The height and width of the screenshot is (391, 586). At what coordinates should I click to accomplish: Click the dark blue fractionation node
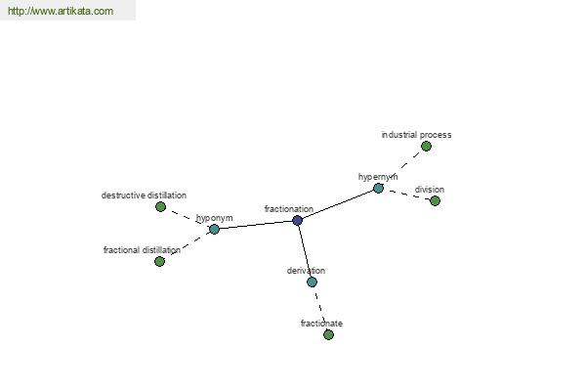click(297, 220)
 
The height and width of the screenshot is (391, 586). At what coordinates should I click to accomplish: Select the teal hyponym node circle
click(214, 229)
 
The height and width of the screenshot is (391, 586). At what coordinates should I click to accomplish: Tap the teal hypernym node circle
click(378, 189)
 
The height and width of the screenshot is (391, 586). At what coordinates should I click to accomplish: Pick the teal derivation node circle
click(313, 282)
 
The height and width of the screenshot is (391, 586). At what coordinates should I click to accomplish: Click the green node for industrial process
click(426, 147)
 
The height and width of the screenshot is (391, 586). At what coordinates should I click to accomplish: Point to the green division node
click(435, 201)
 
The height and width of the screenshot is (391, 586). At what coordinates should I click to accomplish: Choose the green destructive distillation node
click(161, 206)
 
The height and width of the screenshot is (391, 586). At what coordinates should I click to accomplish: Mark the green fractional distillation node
click(159, 261)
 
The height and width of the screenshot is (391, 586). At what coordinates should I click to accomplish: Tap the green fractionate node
click(328, 334)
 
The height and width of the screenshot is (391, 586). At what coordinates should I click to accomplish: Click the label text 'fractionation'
click(289, 209)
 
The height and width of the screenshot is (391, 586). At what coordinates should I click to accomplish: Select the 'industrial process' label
click(416, 135)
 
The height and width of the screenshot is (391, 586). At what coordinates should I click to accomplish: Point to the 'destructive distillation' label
click(144, 195)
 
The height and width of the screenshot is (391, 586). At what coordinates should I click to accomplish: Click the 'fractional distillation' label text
click(142, 250)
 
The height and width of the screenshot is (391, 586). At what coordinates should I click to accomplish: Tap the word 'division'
click(430, 190)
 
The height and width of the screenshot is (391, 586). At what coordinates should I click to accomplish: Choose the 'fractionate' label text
click(321, 324)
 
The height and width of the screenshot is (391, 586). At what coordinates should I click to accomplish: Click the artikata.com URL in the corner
click(61, 11)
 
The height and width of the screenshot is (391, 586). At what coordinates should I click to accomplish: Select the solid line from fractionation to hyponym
click(256, 225)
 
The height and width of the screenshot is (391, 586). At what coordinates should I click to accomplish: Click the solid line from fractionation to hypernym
click(338, 204)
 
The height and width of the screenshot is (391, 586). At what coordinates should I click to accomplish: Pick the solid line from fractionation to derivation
click(305, 251)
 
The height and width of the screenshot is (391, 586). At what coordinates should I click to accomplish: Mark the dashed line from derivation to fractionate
click(320, 308)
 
